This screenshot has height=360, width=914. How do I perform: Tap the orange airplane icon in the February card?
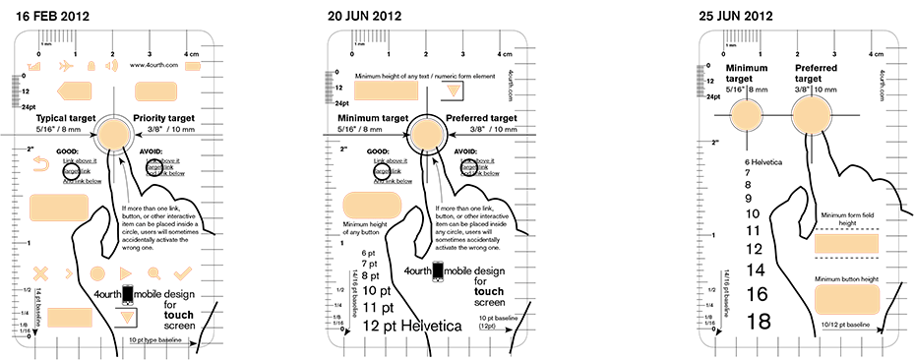[65, 66]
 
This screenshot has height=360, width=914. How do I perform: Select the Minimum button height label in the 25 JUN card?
[846, 279]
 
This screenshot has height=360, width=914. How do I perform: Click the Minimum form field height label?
[846, 219]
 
